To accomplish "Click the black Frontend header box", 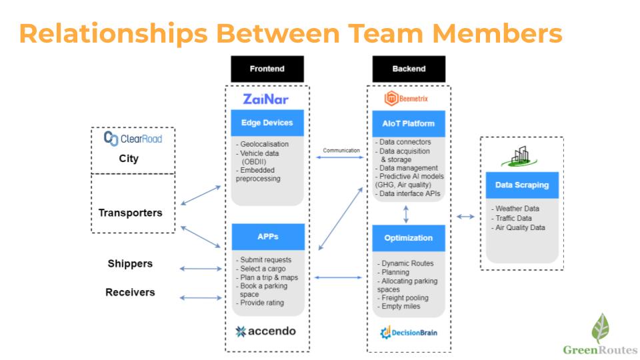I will pos(267,69).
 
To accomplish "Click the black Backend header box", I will pos(409,69).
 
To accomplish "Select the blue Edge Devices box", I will pos(267,123).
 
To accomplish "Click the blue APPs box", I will pos(267,237).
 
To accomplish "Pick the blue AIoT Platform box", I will pos(409,123).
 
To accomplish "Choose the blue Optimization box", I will pos(409,238).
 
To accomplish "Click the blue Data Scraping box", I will pos(522,185).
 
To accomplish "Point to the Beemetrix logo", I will pos(407,99).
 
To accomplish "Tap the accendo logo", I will pos(266,331).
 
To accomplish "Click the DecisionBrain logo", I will pos(409,331).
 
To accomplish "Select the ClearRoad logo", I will pos(133,139).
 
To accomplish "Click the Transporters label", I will pos(131,213).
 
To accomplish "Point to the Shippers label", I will pos(130,263).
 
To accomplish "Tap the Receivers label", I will pos(130,292).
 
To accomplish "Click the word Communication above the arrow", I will pos(341,151).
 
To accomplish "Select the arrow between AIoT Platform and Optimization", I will pos(406,213).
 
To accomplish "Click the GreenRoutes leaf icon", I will pos(600,328).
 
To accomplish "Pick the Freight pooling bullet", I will pos(404,298).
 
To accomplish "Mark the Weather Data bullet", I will pos(517,209).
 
